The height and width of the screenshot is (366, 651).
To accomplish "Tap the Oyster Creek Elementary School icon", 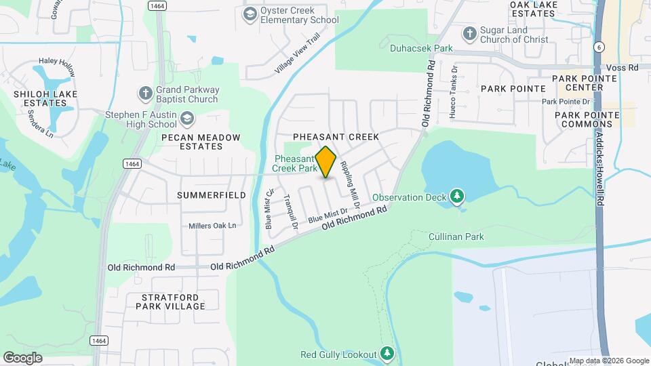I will click(250, 14).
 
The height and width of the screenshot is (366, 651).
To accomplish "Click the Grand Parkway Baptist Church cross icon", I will click(144, 93).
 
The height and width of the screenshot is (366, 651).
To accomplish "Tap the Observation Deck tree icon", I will click(458, 197).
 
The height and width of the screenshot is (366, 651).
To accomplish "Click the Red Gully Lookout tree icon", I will click(387, 353).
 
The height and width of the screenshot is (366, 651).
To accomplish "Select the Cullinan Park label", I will click(456, 237).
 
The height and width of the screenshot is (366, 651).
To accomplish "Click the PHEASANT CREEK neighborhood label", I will click(336, 137).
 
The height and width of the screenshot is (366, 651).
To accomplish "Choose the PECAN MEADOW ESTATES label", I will click(191, 142).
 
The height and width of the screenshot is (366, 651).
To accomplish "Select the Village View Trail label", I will click(297, 55).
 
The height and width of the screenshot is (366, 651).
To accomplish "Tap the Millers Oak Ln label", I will click(212, 225).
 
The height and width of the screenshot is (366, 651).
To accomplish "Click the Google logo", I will click(23, 357).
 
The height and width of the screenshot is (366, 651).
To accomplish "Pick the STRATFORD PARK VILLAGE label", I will click(173, 302).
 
